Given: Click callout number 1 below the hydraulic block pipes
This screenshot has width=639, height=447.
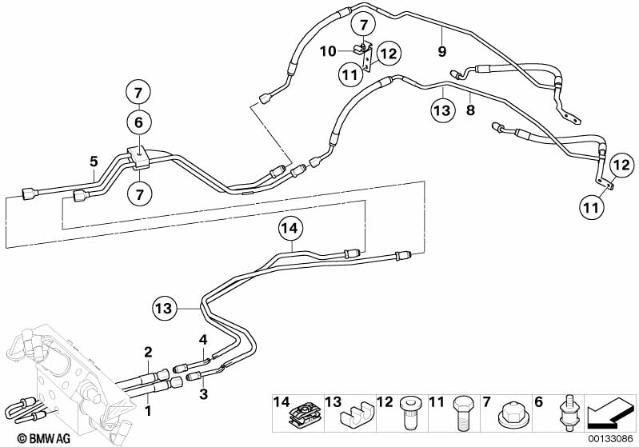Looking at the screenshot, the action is coord(148,411).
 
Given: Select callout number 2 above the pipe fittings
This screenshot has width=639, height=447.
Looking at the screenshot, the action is coord(148,351).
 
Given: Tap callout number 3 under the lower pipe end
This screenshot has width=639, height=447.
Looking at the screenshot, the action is coord(203,394).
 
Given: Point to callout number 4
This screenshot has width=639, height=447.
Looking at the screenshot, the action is coord(203,339).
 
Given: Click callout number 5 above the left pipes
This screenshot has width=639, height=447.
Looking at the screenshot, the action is coord(94,162).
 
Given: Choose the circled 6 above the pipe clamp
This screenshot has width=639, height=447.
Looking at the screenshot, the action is coord(138,122).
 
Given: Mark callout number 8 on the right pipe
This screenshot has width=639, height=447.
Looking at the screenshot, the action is coord(471,110).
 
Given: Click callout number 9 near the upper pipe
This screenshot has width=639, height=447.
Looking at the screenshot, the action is coord(442,52).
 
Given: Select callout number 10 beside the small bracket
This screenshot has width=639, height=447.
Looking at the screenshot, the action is coord(328,51).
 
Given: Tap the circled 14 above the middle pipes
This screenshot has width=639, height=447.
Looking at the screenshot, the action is coord(290,229).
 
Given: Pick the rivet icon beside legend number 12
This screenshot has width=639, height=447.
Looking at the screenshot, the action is coord(409,413).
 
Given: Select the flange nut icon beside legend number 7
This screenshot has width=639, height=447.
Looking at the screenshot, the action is coord(510,415).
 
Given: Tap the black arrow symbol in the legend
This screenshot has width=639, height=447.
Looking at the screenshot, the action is coord(610,413).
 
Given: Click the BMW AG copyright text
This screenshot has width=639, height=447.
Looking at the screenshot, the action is coord(44,438).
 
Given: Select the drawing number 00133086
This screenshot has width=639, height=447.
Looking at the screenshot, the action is coord(610,439).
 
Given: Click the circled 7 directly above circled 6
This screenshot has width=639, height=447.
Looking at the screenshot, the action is coord(138,93).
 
